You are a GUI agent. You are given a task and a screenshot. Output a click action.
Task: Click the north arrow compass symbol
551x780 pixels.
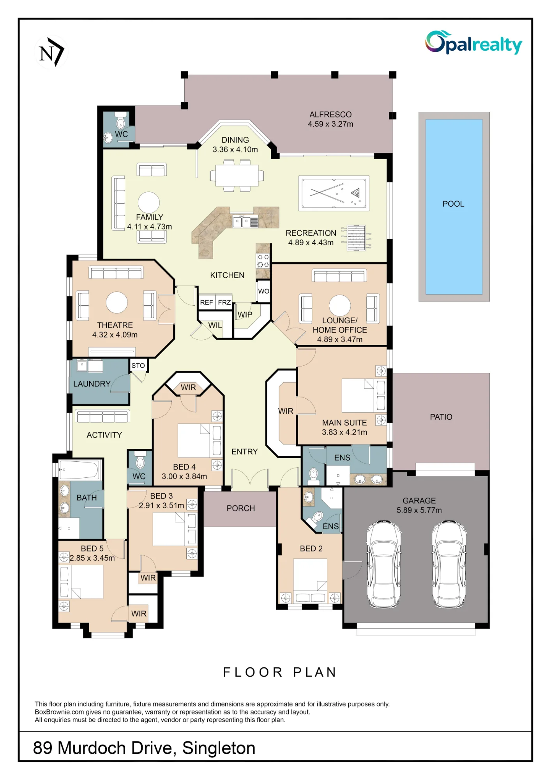51,52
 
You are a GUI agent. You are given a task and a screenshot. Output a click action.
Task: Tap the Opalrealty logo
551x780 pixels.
473,43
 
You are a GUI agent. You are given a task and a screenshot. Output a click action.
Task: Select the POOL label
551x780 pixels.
453,204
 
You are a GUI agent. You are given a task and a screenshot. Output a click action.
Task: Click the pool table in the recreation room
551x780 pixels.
334,193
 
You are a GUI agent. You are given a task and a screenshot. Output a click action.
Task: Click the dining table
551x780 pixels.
237,175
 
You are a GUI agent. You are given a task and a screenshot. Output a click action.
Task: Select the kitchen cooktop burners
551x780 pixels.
263,261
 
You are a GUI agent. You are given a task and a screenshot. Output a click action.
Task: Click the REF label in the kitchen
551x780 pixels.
207,302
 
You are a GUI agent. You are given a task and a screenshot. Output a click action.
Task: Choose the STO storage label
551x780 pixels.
138,365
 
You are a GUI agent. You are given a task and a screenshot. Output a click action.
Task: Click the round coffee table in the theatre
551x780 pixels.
117,302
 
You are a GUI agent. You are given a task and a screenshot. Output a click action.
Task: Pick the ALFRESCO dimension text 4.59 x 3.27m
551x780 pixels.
330,124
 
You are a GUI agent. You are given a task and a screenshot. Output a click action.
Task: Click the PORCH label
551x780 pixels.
241,508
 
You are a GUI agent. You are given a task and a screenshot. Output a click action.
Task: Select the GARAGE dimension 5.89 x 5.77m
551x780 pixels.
419,510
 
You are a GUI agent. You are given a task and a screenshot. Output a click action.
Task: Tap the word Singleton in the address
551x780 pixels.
219,748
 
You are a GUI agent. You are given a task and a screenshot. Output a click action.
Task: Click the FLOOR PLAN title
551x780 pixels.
280,672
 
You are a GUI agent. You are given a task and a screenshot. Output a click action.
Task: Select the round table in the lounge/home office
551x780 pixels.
340,305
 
